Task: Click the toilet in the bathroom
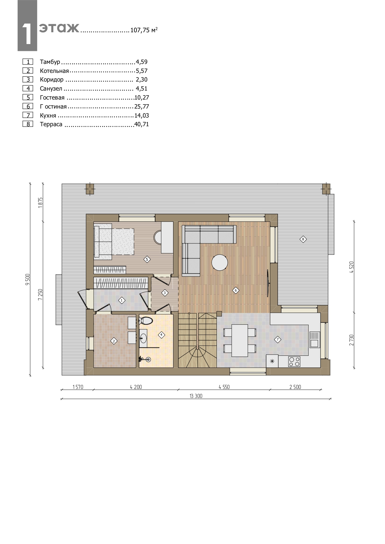(146, 321)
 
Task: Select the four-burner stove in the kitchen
(294, 362)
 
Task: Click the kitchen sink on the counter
(314, 340)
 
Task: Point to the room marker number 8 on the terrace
(303, 239)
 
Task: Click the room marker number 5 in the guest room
(147, 259)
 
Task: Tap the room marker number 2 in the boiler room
(114, 341)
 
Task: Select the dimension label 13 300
(196, 396)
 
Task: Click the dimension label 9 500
(28, 279)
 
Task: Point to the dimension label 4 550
(224, 387)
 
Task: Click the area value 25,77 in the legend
(142, 107)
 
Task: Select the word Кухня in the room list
(48, 116)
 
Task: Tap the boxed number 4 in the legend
(28, 88)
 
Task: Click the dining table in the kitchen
(240, 341)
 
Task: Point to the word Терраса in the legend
(51, 125)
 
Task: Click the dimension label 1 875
(40, 203)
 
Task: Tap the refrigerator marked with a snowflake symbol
(272, 361)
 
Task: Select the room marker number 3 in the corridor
(165, 292)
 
